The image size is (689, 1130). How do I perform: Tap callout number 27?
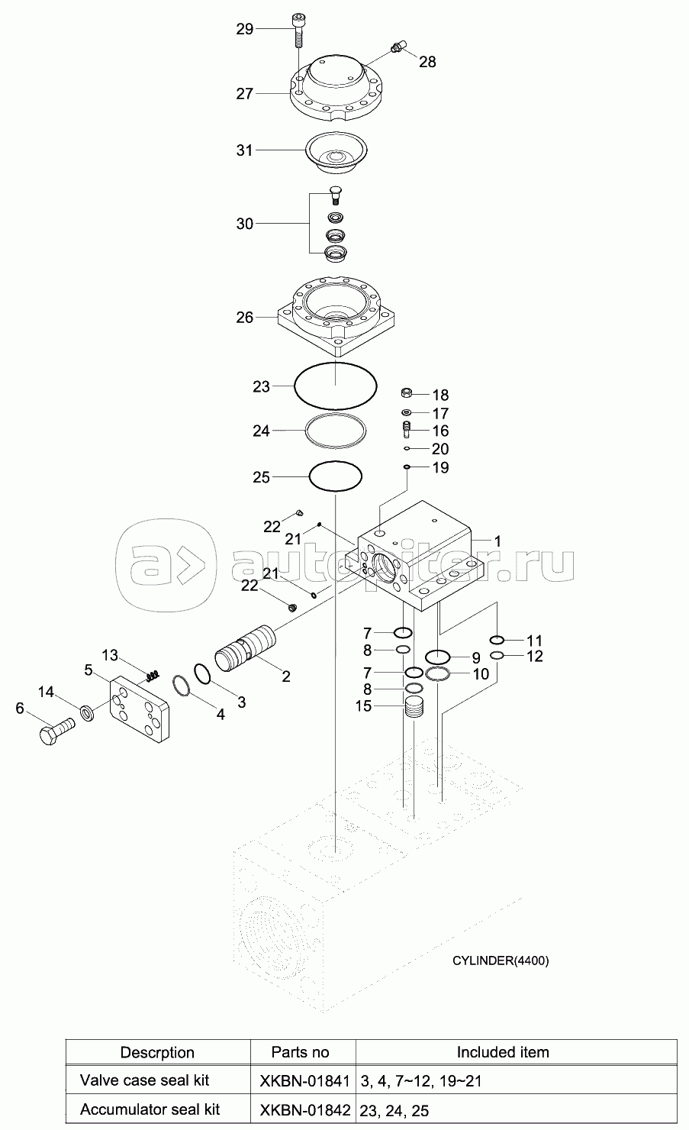coord(244,94)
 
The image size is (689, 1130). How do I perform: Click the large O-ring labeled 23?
coord(336,387)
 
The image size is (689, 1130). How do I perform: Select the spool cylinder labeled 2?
coord(245,648)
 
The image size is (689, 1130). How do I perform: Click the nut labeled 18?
coord(408,394)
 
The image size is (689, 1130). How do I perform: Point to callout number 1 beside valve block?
coord(497,541)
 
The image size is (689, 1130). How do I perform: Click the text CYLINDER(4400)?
coord(501,960)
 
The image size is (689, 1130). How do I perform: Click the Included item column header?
coord(502,1052)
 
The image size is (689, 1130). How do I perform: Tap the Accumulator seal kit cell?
coord(150,1109)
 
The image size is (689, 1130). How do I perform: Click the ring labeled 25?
coord(336,477)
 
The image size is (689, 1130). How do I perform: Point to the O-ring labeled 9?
coord(438,657)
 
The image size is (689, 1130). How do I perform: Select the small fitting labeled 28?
coord(395,49)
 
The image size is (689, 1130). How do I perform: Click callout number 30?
coord(244,224)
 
